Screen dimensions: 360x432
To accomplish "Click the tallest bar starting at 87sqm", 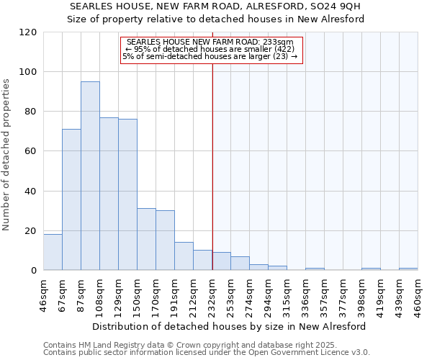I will (x=90, y=176).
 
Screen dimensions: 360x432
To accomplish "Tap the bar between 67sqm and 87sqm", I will (x=71, y=199).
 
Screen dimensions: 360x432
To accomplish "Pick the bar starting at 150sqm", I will (x=146, y=239).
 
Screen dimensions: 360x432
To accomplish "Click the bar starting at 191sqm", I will (x=184, y=256).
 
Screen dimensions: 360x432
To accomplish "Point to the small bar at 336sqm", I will (x=315, y=269).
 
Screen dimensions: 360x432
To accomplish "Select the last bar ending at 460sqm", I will (x=408, y=269).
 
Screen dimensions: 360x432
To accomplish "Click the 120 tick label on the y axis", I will (x=28, y=32).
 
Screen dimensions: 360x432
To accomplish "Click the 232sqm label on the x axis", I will (x=212, y=294).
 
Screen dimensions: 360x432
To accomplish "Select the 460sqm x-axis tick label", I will (x=418, y=294).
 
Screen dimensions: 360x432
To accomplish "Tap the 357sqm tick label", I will (x=325, y=294).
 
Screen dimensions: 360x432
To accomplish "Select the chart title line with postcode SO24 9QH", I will (x=215, y=6).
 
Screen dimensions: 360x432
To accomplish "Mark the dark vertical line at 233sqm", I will (x=212, y=180).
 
